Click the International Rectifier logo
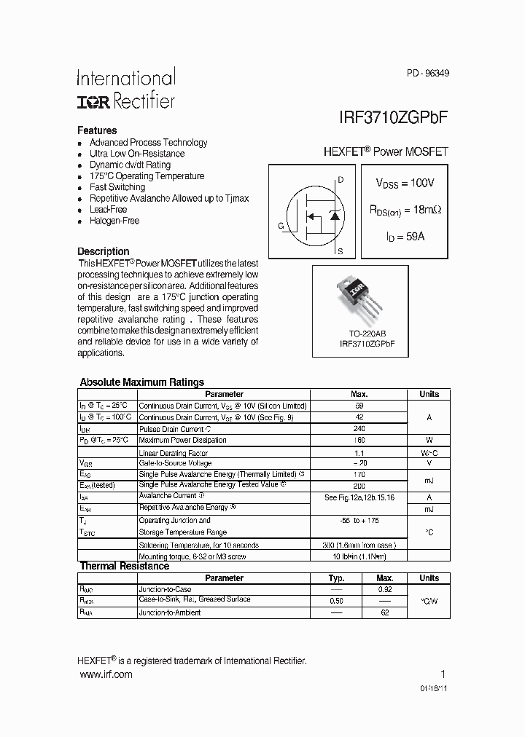point(126,89)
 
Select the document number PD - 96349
point(427,73)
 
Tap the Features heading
point(97,130)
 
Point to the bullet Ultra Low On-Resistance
point(137,154)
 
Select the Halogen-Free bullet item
point(114,221)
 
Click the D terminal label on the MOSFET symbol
point(341,179)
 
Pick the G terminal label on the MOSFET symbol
point(281,226)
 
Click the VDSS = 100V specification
point(405,183)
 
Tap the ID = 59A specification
point(405,237)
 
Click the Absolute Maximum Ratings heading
point(141,382)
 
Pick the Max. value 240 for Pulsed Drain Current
point(359,429)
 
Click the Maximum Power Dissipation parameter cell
point(182,440)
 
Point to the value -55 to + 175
point(359,521)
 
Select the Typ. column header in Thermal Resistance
point(336,578)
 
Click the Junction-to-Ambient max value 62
point(385,612)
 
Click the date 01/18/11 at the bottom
point(434,688)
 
